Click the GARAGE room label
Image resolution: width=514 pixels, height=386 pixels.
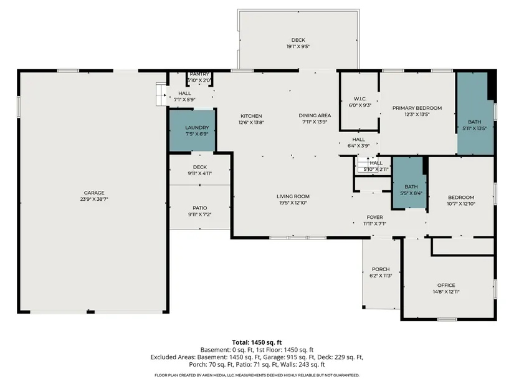coord(94,193)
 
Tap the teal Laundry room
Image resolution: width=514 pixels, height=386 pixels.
coord(192,130)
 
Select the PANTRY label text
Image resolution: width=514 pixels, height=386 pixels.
coord(199,74)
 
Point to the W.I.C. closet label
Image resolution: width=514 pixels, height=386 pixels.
coord(360,99)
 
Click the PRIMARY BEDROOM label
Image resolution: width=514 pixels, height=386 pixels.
coord(417,108)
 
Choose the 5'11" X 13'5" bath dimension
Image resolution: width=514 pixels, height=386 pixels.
coord(474,128)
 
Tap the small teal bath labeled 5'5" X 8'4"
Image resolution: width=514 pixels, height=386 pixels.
coord(409,183)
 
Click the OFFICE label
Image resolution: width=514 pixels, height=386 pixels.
coord(446,285)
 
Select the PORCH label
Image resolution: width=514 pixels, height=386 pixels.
coord(381,269)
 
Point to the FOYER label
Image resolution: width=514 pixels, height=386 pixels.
coord(374,217)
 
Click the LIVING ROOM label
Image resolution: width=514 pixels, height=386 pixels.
coord(293,196)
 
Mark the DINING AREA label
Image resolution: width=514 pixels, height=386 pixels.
coord(315,115)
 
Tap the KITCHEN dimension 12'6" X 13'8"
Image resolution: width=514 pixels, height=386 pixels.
coord(251,122)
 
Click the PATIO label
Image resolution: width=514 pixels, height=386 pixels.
coord(199,208)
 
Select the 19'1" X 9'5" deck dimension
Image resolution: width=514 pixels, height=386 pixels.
coord(298,47)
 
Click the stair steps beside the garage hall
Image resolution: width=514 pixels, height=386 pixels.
coord(161,95)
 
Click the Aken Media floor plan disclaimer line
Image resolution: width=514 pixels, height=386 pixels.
coord(257,375)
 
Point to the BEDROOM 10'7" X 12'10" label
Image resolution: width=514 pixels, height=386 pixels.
coord(461,201)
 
